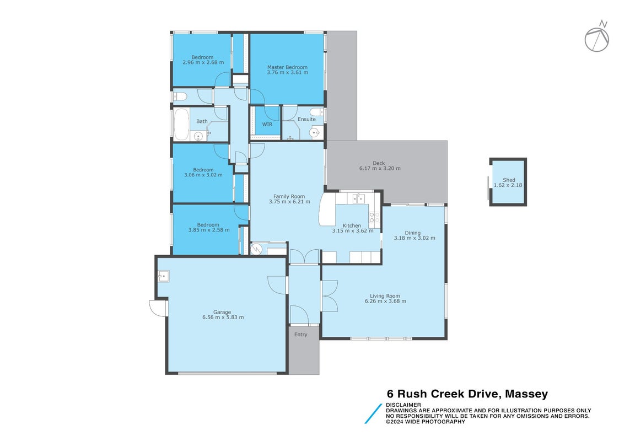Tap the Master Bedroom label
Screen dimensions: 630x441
[x=287, y=68]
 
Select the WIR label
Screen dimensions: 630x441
[x=267, y=125]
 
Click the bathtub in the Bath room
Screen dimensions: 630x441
[x=181, y=124]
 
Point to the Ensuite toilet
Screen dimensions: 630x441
[x=317, y=112]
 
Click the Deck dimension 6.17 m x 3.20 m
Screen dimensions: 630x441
[x=380, y=169]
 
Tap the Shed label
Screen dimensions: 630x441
[x=509, y=180]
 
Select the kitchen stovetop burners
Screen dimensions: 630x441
[x=374, y=218]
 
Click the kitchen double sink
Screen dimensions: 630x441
[x=358, y=198]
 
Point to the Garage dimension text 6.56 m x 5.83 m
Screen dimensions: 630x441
[x=223, y=317]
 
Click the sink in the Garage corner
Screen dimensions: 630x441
[x=163, y=276]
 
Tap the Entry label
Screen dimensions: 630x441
[x=300, y=335]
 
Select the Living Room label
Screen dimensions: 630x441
[x=385, y=296]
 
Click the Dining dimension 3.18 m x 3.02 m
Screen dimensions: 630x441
[x=414, y=238]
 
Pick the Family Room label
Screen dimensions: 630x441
[x=289, y=197]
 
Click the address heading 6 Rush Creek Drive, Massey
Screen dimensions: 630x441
[x=467, y=394]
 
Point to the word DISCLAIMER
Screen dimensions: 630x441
[x=403, y=405]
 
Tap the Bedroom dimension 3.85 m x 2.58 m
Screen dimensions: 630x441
[x=209, y=230]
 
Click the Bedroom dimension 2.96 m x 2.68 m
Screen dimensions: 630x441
[x=203, y=62]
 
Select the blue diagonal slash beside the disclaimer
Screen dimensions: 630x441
[x=373, y=413]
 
